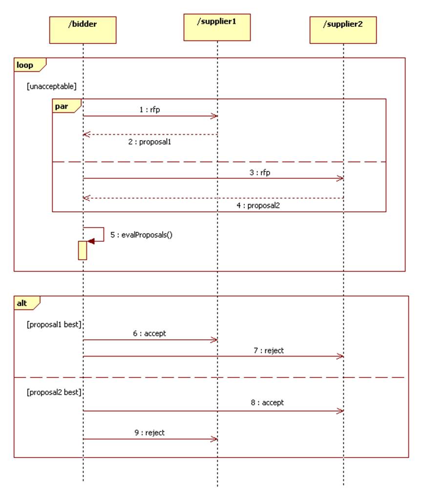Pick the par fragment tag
63,106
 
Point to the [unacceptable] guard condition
52,86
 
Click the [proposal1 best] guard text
54,324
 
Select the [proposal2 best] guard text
54,392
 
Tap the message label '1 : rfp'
149,110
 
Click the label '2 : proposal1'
150,142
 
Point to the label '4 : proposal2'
258,206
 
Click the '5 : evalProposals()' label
142,235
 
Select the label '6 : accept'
149,334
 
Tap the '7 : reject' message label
269,350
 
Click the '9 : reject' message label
149,433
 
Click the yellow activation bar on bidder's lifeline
83,250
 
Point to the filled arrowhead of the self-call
91,241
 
